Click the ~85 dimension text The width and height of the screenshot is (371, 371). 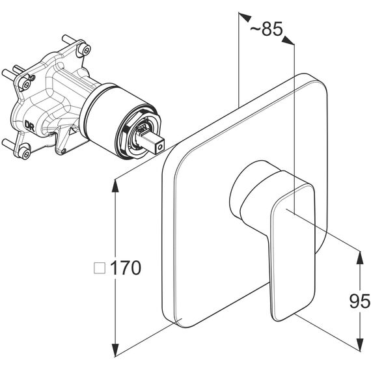click(266, 29)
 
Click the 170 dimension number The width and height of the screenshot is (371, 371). click(126, 268)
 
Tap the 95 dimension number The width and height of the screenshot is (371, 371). click(359, 301)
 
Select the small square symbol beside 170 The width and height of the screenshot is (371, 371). click(100, 268)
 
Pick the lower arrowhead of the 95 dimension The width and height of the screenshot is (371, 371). click(360, 343)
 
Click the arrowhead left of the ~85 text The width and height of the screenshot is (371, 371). click(245, 18)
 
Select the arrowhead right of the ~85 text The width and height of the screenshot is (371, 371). click(288, 40)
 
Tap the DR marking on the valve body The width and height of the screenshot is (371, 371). click(29, 126)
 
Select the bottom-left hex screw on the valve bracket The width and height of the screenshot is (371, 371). click(25, 153)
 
